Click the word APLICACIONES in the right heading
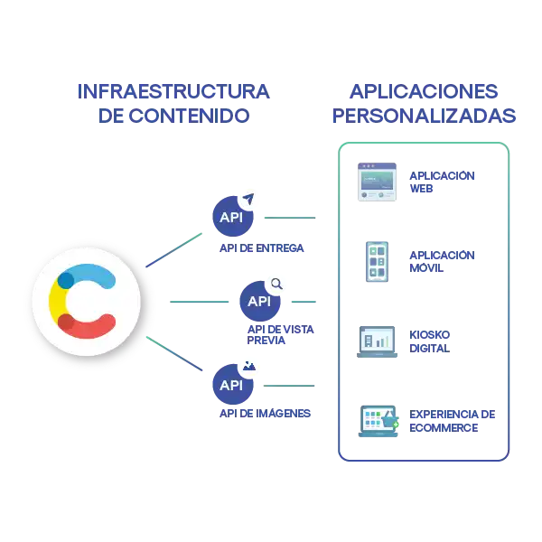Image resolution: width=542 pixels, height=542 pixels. pos(423,91)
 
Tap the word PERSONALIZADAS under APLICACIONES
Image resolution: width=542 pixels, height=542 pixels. pos(425,116)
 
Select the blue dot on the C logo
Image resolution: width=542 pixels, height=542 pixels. pos(66,280)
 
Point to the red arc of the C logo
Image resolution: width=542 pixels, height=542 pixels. pos(90,327)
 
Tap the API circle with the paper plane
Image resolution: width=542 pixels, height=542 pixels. pos(230,217)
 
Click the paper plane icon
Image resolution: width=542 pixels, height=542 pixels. pos(248,199)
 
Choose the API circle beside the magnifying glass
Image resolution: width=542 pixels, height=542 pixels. pos(259,301)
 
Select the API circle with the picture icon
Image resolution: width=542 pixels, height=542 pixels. pos(230,385)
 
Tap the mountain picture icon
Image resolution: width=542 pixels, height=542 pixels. pos(248,366)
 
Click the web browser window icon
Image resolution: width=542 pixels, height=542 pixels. pos(376,182)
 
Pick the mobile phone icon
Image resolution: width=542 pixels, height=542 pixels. pos(376,262)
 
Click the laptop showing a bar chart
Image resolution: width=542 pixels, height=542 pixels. pos(376,341)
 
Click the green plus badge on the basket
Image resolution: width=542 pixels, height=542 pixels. pos(396,424)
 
